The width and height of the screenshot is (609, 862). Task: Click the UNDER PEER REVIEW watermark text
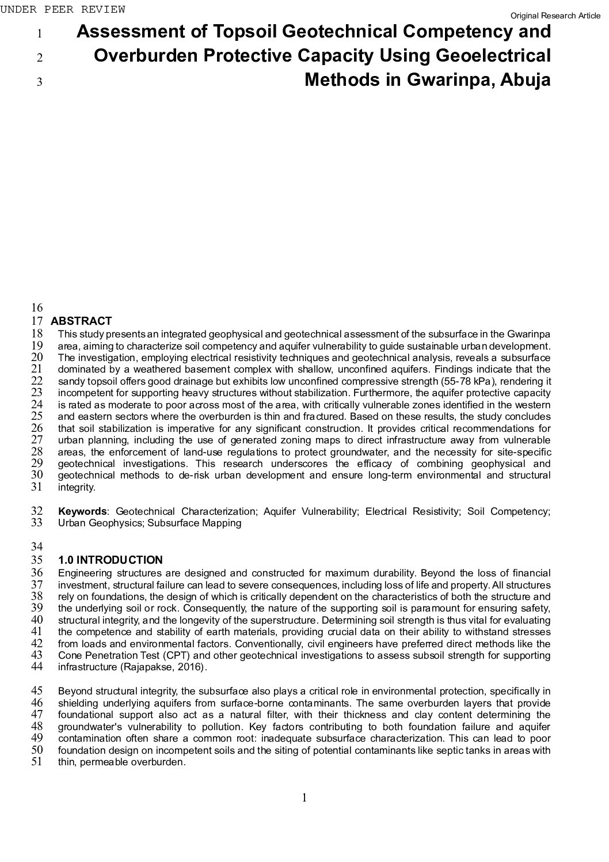coord(62,10)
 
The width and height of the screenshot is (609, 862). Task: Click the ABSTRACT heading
coord(81,321)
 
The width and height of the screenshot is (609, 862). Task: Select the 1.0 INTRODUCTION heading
coord(111,560)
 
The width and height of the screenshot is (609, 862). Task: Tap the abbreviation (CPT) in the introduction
coord(176,655)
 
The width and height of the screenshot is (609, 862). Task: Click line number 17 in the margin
coord(37,321)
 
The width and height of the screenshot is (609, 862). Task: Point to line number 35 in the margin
coord(37,560)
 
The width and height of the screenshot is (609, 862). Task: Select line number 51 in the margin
coord(37,762)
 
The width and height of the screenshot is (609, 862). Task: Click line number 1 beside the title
coord(39,33)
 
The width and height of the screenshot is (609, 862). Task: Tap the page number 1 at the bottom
coord(304,798)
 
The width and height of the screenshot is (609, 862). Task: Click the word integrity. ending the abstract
coord(77,487)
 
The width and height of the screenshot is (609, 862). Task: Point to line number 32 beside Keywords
coord(37,511)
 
